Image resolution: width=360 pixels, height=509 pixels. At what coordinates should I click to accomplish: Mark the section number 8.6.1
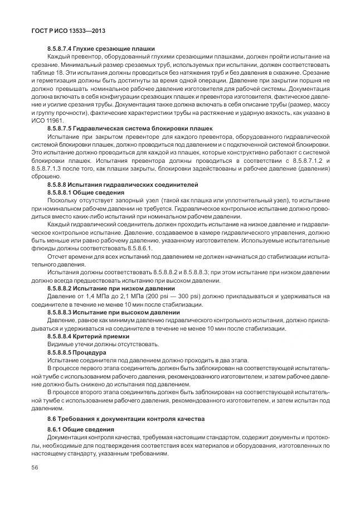(56, 429)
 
